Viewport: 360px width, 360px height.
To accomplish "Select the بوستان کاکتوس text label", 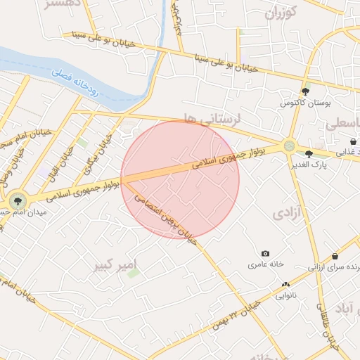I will pyautogui.click(x=304, y=103).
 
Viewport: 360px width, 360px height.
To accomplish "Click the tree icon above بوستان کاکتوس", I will pyautogui.click(x=305, y=91).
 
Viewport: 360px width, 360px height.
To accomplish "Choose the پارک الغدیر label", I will pyautogui.click(x=308, y=165).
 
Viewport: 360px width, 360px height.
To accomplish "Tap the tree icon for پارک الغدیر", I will pyautogui.click(x=309, y=154).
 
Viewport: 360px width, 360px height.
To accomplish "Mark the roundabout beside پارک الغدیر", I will pyautogui.click(x=289, y=146).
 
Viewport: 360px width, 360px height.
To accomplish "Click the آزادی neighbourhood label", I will pyautogui.click(x=289, y=211).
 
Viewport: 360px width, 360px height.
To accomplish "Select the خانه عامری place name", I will pyautogui.click(x=265, y=265).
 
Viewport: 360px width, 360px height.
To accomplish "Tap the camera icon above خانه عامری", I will pyautogui.click(x=265, y=253).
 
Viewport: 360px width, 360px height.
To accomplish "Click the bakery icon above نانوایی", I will pyautogui.click(x=285, y=284).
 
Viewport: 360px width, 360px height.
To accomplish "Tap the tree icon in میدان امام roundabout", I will pyautogui.click(x=18, y=201).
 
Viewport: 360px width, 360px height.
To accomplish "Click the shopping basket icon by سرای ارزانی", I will pyautogui.click(x=334, y=257).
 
